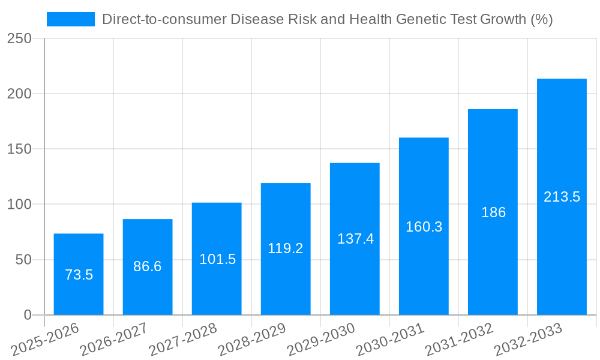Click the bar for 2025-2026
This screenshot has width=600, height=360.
[x=79, y=274]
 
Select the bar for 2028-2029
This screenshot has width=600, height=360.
[x=286, y=248]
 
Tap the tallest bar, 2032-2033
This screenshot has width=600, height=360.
[x=562, y=197]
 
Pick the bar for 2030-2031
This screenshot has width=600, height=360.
[x=424, y=226]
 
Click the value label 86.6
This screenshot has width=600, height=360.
[x=148, y=266]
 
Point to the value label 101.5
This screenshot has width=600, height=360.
[x=217, y=259]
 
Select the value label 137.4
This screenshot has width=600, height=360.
[x=355, y=239]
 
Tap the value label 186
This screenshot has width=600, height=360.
[x=493, y=212]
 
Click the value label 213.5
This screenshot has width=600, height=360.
[x=562, y=197]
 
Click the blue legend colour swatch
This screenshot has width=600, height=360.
[x=71, y=19]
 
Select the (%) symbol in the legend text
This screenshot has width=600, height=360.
[x=541, y=19]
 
